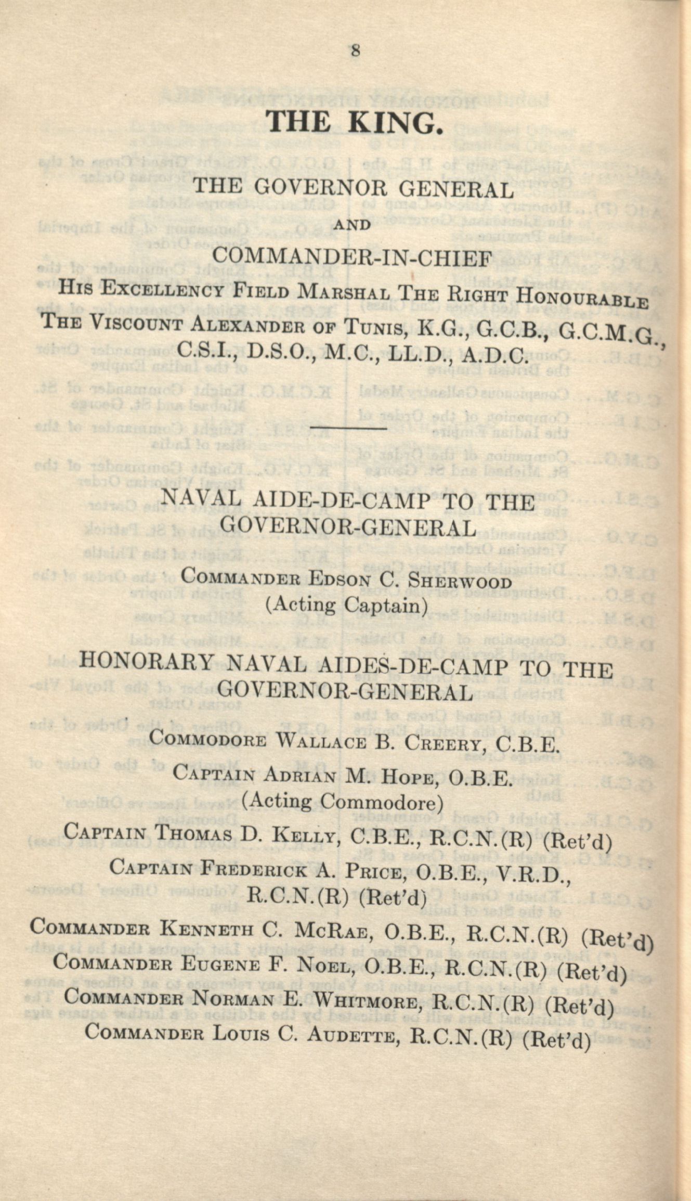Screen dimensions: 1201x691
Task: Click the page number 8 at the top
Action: pos(356,51)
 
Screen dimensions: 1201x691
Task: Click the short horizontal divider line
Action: pos(348,429)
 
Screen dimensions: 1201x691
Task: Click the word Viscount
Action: pos(135,324)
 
